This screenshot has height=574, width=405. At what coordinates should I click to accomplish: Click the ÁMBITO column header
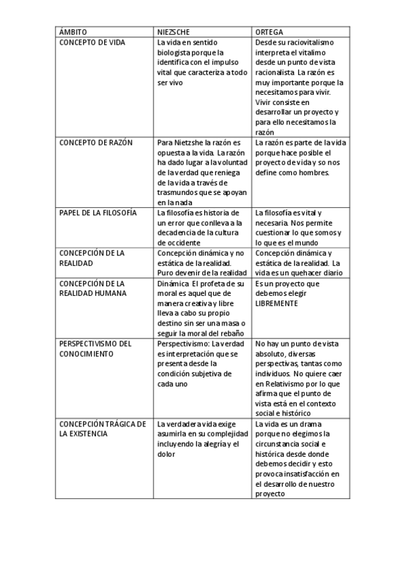pos(73,32)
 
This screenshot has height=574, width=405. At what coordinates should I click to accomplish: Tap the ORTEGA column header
pos(269,32)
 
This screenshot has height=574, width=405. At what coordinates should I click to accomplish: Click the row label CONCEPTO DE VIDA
pos(93,42)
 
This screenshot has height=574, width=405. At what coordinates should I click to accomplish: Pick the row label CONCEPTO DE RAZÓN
pos(96,143)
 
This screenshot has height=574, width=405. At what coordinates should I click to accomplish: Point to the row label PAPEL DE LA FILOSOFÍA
pos(98,213)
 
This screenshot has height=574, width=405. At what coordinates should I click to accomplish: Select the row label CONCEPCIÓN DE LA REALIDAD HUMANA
pos(92,288)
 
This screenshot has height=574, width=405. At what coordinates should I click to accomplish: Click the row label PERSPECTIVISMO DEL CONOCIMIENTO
pos(95,349)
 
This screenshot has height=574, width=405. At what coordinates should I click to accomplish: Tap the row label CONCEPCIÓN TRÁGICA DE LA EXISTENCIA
pos(102,429)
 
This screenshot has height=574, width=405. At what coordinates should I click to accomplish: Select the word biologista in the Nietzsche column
pos(176,52)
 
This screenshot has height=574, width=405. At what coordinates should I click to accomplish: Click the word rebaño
pos(229,333)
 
